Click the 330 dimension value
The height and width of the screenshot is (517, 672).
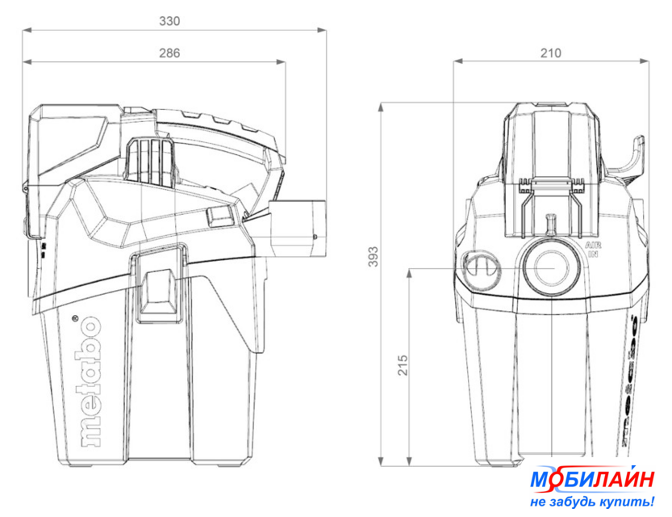169,21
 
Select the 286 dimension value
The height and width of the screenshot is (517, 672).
169,53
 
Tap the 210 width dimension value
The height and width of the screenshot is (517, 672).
550,53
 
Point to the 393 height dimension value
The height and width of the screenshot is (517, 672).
374,257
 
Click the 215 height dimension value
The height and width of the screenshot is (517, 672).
403,365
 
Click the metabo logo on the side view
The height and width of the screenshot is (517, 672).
90,381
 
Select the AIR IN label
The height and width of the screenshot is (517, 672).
593,250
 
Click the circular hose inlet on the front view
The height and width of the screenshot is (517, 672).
551,267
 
